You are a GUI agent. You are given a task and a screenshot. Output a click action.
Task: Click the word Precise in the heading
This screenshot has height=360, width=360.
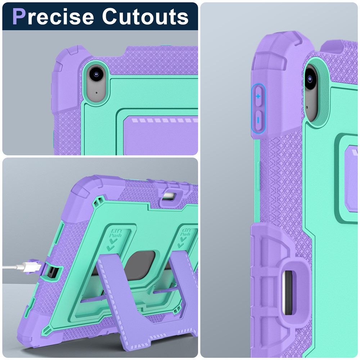coord(53,17)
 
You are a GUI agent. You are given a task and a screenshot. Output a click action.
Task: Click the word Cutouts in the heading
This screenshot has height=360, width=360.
coord(145,17)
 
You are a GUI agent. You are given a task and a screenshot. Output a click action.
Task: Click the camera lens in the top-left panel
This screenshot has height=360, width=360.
coord(96,74)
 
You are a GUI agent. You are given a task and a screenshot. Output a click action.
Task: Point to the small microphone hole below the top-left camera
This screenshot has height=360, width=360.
coord(96,93)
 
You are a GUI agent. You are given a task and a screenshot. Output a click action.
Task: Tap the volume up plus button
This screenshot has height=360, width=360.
coord(258,96)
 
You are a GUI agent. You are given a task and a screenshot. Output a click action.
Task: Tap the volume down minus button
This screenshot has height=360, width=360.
coord(258,120)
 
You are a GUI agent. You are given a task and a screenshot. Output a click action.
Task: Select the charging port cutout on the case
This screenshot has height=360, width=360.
coord(51,272)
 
